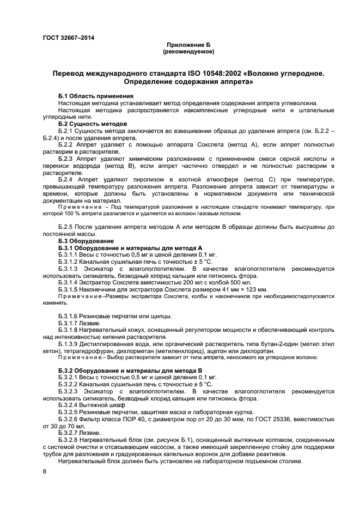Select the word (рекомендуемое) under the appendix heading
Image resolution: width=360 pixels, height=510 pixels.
click(x=188, y=52)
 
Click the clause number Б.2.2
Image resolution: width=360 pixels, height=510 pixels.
click(x=67, y=146)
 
